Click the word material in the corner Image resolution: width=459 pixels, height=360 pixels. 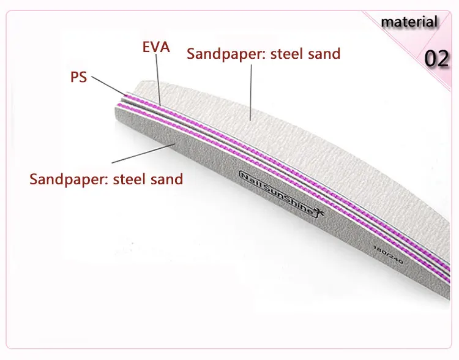(409, 23)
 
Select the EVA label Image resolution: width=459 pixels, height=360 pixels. (156, 47)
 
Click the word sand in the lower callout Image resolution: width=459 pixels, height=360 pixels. (169, 180)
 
